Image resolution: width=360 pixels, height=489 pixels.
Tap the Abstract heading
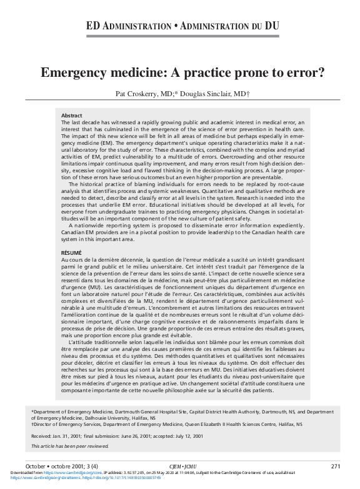pos(71,116)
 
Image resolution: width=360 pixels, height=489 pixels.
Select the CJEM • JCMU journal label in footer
pos(182,467)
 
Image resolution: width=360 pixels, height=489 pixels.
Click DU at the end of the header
pos(271,26)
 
